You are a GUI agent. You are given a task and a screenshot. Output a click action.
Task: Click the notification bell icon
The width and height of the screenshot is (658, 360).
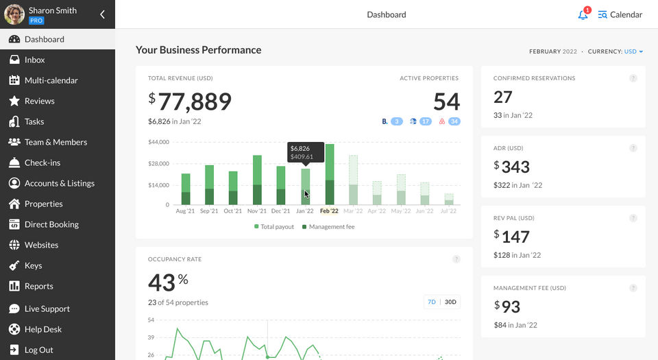point(583,15)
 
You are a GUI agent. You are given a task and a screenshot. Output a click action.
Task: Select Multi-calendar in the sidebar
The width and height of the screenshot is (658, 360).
point(51,80)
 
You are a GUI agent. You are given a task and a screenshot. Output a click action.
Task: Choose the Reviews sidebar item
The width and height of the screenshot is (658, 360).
point(39,101)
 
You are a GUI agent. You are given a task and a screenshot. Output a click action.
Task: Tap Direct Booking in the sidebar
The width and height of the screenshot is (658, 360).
point(51,224)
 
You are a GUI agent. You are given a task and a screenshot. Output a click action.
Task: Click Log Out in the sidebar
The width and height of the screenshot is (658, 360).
point(38,350)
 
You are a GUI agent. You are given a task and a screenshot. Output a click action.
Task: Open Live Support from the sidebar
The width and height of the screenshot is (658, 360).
point(47,309)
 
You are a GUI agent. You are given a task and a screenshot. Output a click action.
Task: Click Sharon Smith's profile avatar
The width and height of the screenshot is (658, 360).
point(14,14)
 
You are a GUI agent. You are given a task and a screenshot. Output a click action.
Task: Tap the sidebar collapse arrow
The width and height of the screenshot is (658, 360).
point(102,14)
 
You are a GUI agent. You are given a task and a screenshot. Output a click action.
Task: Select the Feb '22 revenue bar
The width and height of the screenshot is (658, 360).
point(330,175)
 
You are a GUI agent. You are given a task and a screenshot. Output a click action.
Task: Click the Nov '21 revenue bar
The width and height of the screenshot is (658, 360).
point(257,180)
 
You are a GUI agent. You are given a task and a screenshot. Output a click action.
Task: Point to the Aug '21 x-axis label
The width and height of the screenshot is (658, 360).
point(186,211)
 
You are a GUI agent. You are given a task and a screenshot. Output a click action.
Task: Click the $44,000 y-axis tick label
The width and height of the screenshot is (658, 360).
point(158,142)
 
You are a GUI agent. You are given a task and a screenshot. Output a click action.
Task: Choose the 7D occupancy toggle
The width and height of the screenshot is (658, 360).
point(432,302)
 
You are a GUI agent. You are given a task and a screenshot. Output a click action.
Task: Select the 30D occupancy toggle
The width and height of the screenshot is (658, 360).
point(450,302)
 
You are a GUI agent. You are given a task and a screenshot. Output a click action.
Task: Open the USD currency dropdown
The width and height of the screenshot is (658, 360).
point(633,51)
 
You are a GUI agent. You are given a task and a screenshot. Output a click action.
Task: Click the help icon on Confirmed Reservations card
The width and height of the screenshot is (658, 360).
point(633,78)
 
